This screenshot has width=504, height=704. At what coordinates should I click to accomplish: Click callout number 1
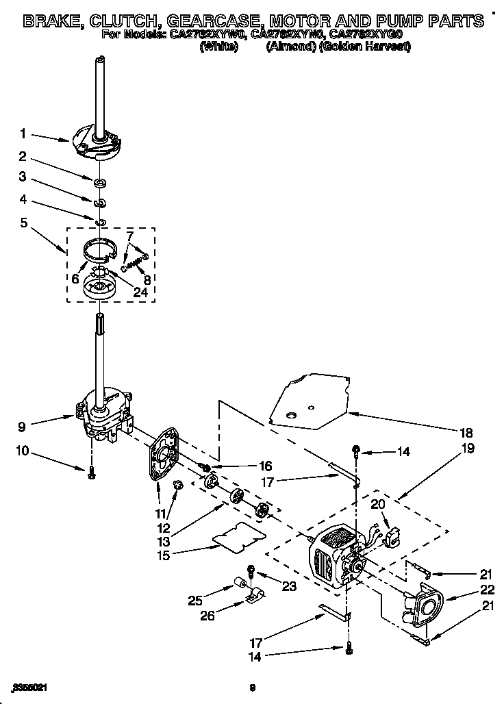pyautogui.click(x=23, y=134)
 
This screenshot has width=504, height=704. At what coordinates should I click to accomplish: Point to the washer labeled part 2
pyautogui.click(x=100, y=183)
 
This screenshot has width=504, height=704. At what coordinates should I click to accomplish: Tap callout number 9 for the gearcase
pyautogui.click(x=23, y=425)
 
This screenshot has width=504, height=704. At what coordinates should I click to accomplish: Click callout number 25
pyautogui.click(x=194, y=601)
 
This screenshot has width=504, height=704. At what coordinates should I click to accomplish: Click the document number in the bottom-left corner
pyautogui.click(x=30, y=687)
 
